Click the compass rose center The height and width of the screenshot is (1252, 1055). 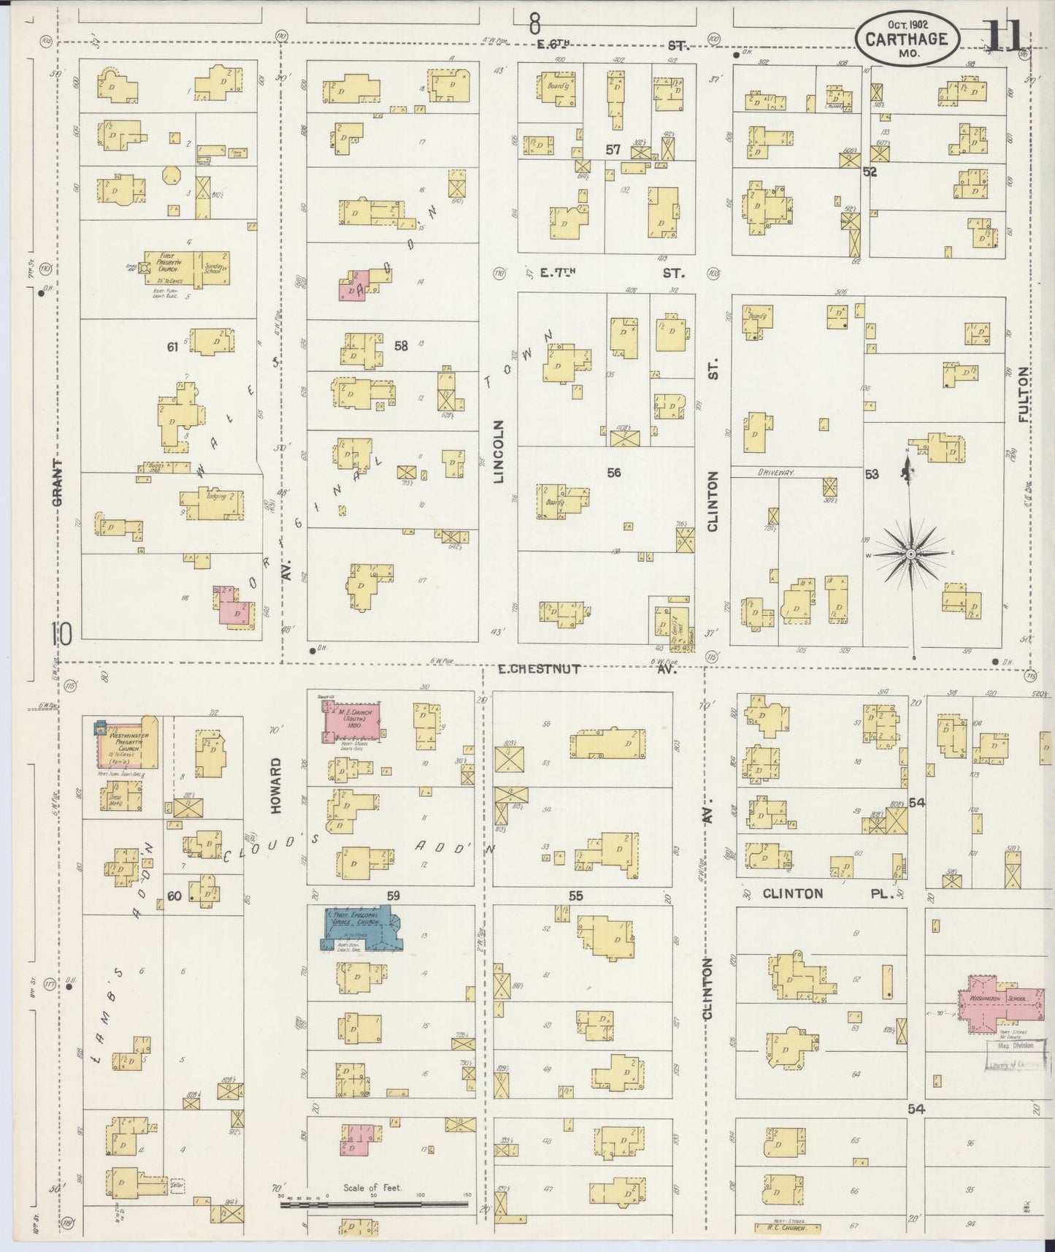[911, 555]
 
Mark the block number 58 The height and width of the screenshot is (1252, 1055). [401, 346]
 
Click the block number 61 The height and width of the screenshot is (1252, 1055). [172, 348]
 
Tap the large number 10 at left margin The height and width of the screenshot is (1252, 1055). [61, 633]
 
